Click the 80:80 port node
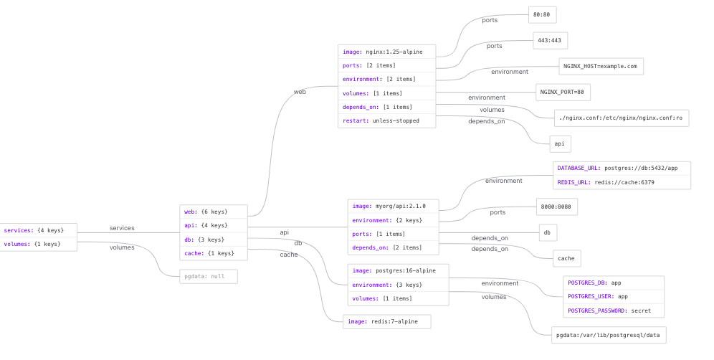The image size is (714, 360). [543, 14]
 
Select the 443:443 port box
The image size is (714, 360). [550, 41]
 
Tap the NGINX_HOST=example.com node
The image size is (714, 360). [601, 67]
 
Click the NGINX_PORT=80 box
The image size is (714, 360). [563, 92]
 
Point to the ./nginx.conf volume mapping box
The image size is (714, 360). [621, 118]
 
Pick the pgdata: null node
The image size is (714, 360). [209, 277]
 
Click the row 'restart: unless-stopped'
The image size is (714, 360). [386, 120]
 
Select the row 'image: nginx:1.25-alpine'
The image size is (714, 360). [386, 52]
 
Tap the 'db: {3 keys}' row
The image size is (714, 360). [214, 240]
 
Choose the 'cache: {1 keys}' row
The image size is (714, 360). [214, 253]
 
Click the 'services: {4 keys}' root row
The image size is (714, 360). [38, 231]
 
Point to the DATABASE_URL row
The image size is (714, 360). [622, 169]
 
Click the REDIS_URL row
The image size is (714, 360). [622, 182]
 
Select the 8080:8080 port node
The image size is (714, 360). [556, 207]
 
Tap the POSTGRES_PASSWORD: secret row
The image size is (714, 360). [614, 311]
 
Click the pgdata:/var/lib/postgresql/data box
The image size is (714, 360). [609, 336]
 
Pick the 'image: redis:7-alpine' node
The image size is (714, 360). [386, 322]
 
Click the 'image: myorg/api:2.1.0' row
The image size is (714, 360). [393, 207]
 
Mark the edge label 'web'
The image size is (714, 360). [300, 92]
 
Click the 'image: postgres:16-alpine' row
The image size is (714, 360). [398, 271]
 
